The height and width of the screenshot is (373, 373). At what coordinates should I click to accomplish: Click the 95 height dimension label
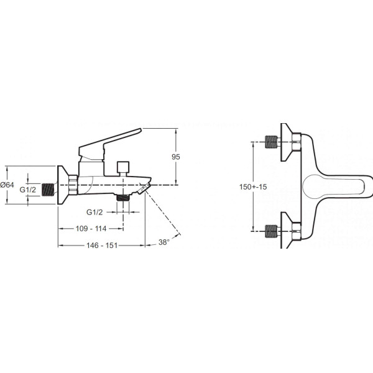pyautogui.click(x=176, y=157)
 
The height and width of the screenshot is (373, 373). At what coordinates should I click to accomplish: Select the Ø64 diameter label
pyautogui.click(x=7, y=185)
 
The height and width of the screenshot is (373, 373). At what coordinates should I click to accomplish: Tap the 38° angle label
pyautogui.click(x=164, y=242)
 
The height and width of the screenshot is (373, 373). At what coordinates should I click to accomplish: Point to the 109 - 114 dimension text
pyautogui.click(x=91, y=229)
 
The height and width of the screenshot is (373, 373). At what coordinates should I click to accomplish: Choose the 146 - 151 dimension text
pyautogui.click(x=102, y=246)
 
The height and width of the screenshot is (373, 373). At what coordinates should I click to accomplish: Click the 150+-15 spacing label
pyautogui.click(x=253, y=186)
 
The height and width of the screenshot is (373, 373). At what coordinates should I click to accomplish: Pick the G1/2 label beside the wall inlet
pyautogui.click(x=27, y=190)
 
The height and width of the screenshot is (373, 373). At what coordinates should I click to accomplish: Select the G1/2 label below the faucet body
pyautogui.click(x=94, y=212)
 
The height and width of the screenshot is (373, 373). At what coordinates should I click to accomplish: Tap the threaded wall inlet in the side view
pyautogui.click(x=48, y=190)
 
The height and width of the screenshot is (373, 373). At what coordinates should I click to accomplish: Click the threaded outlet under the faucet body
pyautogui.click(x=122, y=198)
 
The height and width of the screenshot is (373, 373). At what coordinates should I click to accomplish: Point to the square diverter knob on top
pyautogui.click(x=123, y=167)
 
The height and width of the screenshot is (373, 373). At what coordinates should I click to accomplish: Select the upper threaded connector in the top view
pyautogui.click(x=272, y=142)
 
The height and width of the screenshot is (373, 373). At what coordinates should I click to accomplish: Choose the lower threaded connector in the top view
pyautogui.click(x=272, y=231)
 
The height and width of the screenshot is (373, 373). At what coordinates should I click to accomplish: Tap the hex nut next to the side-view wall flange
pyautogui.click(x=73, y=185)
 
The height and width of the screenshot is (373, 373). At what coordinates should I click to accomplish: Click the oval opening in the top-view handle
pyautogui.click(x=333, y=186)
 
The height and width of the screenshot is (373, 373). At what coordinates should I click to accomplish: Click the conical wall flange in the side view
pyautogui.click(x=63, y=185)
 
